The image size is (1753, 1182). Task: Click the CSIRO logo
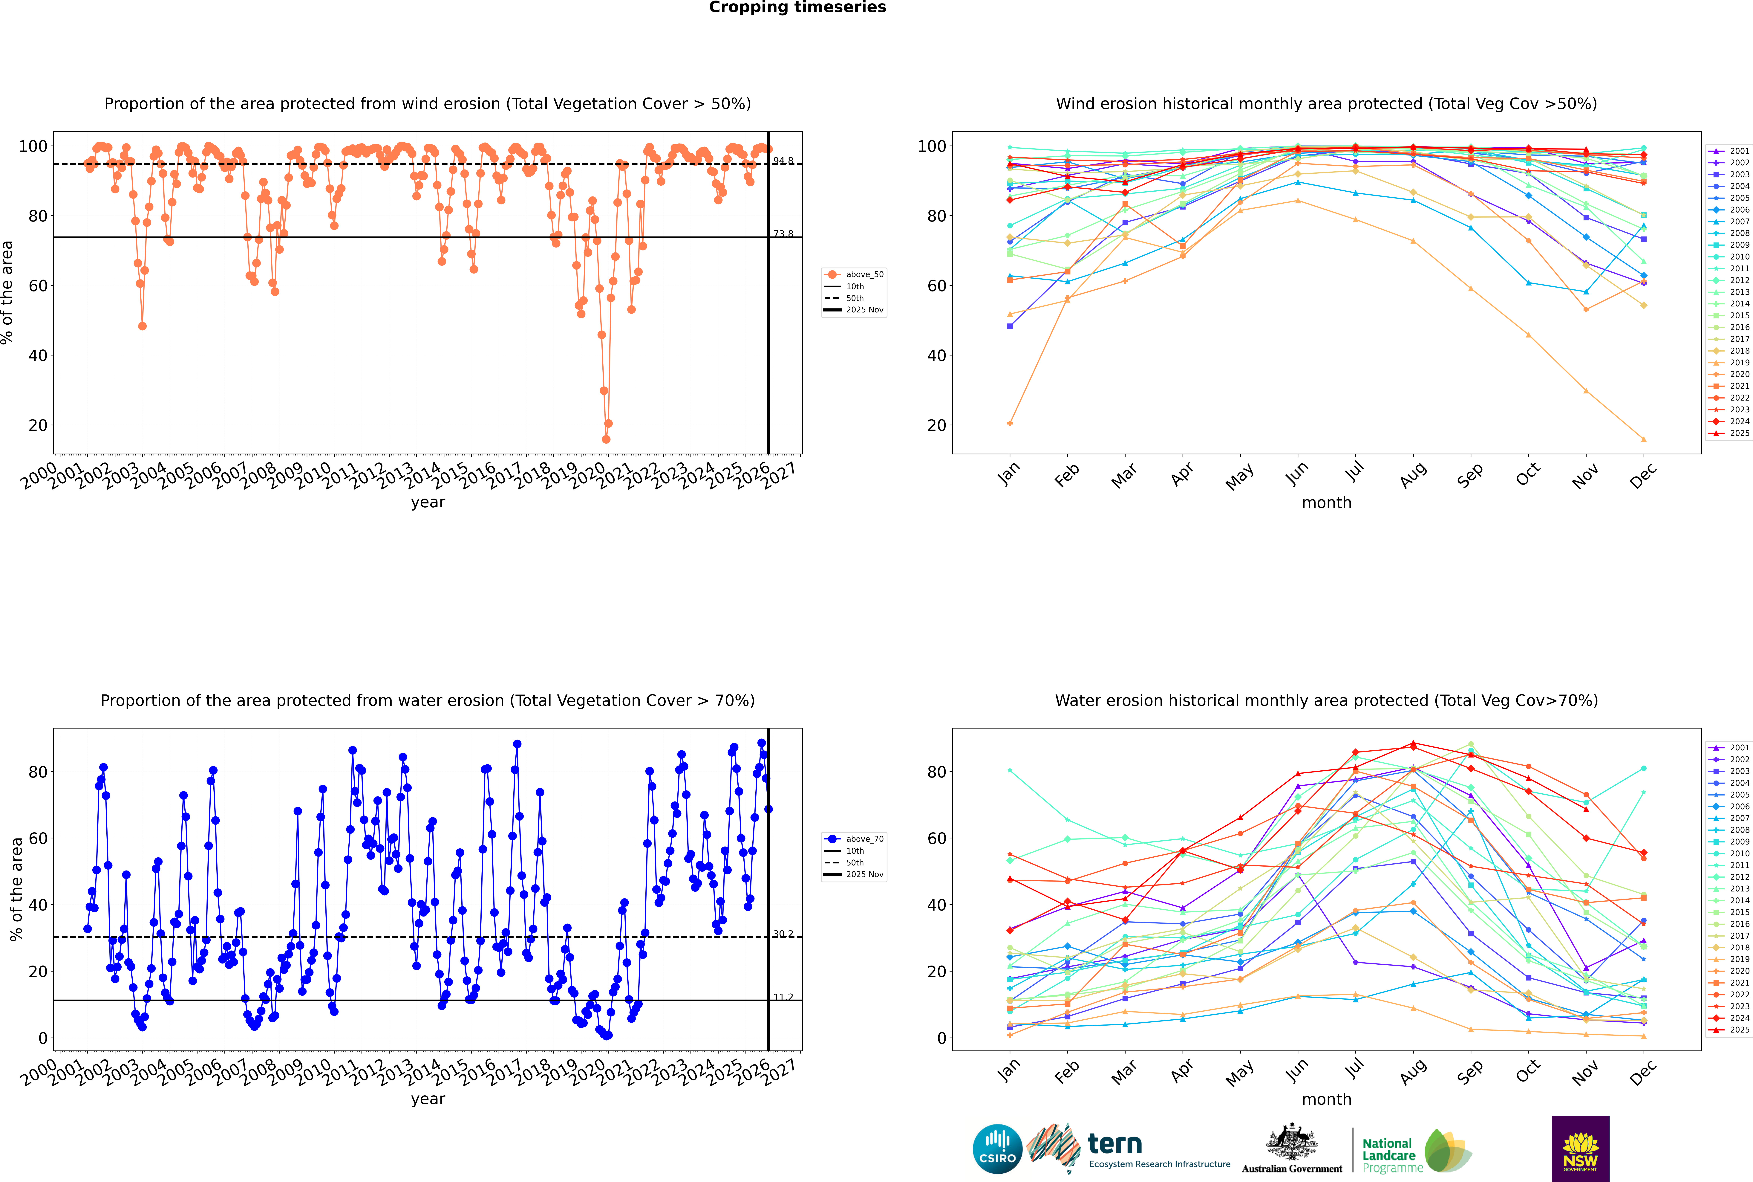(997, 1149)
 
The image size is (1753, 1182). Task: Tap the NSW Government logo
(1580, 1149)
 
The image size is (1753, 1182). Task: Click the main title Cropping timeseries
(797, 7)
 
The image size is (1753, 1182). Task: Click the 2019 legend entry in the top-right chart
(1739, 363)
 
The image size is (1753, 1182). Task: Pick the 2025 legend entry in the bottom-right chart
(1739, 1030)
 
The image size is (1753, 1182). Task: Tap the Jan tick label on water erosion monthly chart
(1008, 1070)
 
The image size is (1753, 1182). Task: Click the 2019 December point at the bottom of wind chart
(1643, 439)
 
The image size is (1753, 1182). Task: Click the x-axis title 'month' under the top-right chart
(1326, 503)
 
